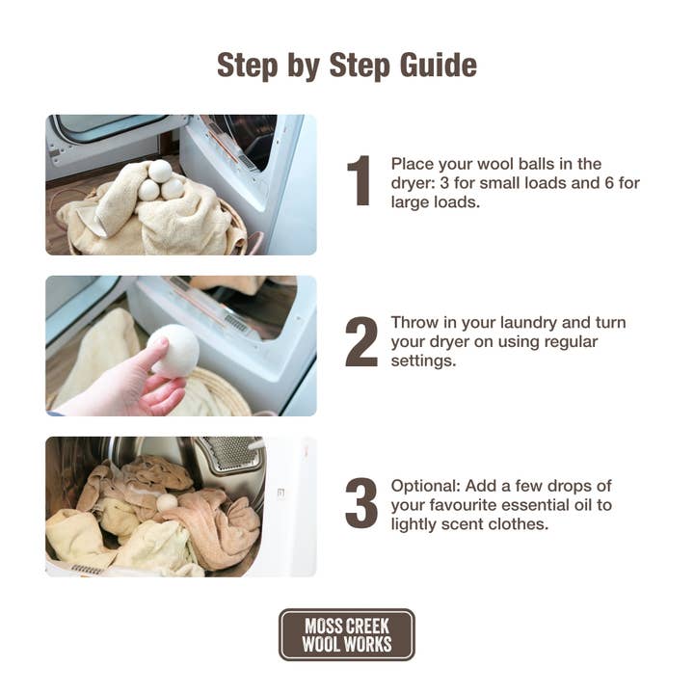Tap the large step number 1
pos(359,180)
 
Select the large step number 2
pos(361,341)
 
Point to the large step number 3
pos(361,503)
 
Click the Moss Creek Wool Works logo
pos(347,634)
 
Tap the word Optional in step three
pos(426,486)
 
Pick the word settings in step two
pos(423,360)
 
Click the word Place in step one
pos(413,164)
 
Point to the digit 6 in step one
pos(609,183)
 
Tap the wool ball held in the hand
pos(173,351)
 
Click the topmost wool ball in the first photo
pos(160,172)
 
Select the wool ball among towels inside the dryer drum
pos(168,504)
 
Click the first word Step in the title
pos(248,67)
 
